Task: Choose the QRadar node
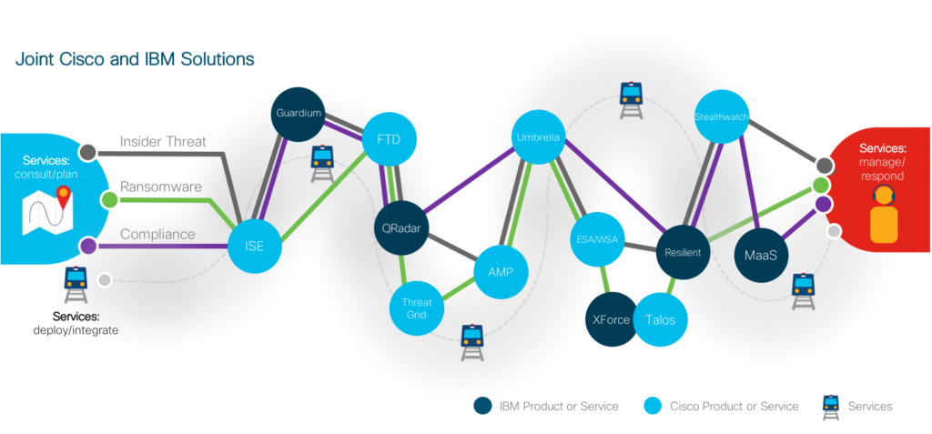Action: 401,228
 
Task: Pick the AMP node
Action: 501,272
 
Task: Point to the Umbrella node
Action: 537,138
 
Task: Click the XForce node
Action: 610,320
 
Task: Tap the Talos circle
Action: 661,320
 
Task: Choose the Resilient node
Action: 683,252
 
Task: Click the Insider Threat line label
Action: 164,142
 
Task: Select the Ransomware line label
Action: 161,187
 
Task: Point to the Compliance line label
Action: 158,234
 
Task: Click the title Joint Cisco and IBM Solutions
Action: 134,59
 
